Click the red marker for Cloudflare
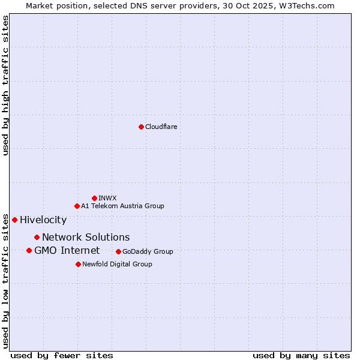141,127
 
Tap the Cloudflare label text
161,127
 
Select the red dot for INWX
94,198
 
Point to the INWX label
107,198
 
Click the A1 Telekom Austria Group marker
77,206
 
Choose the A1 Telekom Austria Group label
122,206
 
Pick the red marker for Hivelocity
14,220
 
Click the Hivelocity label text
43,220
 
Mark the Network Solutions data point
37,237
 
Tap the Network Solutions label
86,237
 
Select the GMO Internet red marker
29,250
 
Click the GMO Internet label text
67,250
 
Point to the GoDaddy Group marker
118,251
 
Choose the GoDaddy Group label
148,251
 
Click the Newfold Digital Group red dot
78,264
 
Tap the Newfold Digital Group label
117,264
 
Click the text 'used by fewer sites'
62,355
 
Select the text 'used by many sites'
301,355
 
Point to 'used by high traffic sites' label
6,85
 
